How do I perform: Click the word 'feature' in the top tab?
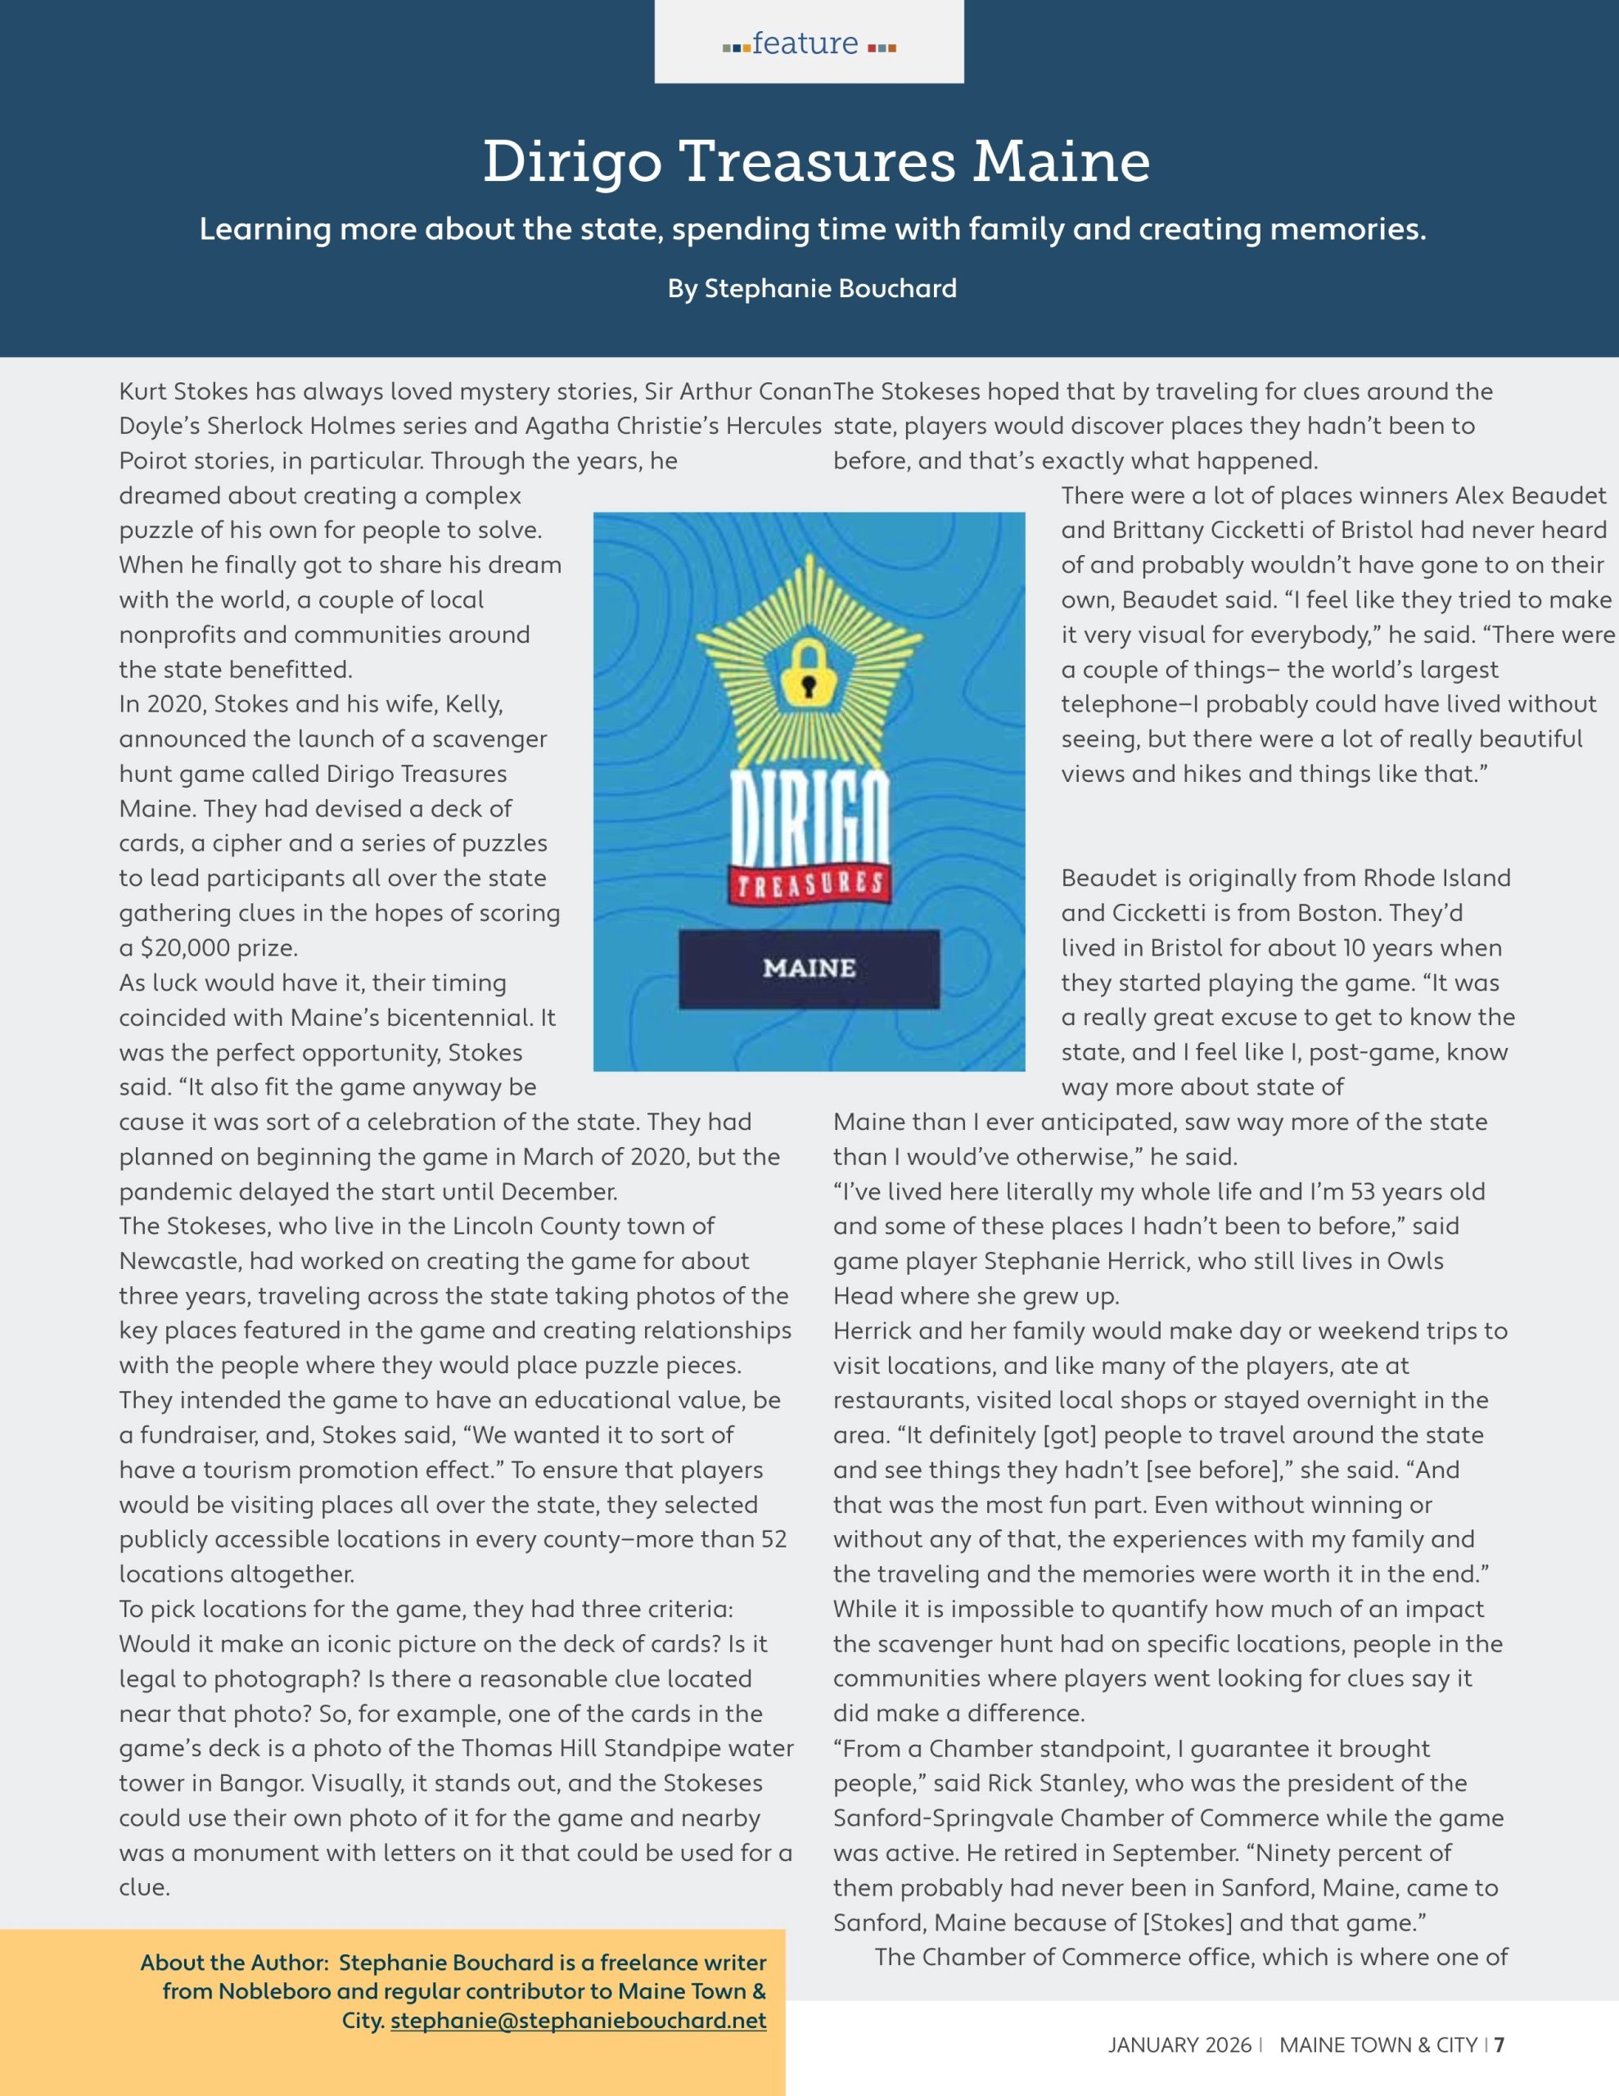(805, 43)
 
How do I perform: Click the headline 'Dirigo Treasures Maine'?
(816, 160)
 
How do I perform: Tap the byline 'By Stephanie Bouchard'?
(812, 288)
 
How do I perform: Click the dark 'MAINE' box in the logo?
(809, 969)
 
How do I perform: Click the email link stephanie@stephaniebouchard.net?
(578, 2020)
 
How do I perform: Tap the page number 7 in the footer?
(1499, 2045)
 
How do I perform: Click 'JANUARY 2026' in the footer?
(1179, 2045)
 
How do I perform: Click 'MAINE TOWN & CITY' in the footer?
(1378, 2045)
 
